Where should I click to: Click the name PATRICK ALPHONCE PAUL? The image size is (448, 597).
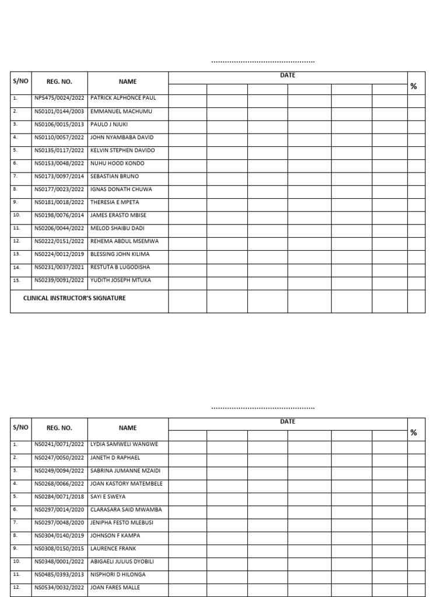pos(123,98)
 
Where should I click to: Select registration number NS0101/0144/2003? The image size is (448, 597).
pos(59,111)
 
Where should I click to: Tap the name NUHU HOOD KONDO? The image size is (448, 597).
pos(117,163)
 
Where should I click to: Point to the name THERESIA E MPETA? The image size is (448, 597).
pos(115,202)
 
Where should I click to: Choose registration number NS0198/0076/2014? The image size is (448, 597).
pos(59,215)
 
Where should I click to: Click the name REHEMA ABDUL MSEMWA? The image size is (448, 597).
pos(124,241)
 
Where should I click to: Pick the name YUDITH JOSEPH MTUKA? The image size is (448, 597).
pos(121,280)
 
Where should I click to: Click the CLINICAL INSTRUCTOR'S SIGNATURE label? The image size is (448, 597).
pos(74,298)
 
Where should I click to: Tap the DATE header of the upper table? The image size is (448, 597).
pos(288,75)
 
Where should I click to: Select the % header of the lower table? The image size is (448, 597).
pos(414,433)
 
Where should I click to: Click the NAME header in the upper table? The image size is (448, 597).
pos(128,82)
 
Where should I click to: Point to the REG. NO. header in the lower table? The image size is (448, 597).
pos(59,428)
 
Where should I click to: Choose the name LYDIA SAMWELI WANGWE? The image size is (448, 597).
pos(124,444)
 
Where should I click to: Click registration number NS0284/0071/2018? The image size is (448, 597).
pos(59,497)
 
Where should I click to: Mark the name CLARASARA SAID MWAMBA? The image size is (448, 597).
pos(126,510)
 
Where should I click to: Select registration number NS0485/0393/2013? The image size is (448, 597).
pos(59,574)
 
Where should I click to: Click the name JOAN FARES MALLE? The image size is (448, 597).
pos(115,587)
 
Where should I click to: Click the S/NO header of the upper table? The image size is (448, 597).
pos(20,81)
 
